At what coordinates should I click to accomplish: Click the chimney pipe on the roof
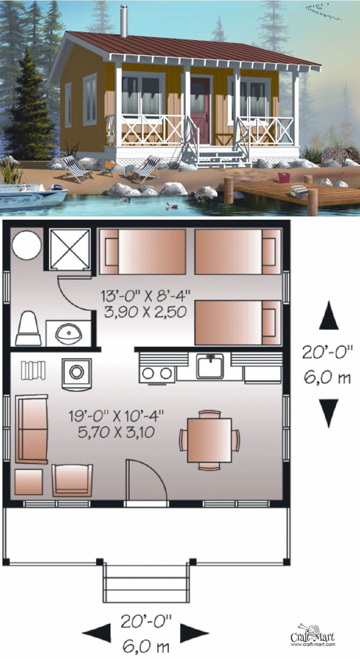[124, 20]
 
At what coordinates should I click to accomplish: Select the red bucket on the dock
[283, 178]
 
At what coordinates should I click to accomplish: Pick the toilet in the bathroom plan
[28, 329]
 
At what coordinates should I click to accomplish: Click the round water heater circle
[27, 246]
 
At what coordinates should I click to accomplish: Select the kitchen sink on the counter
[210, 366]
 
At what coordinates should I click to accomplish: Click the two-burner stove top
[157, 373]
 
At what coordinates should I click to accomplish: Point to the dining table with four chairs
[210, 440]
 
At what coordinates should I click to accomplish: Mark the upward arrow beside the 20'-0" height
[329, 316]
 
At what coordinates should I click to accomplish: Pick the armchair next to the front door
[72, 480]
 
